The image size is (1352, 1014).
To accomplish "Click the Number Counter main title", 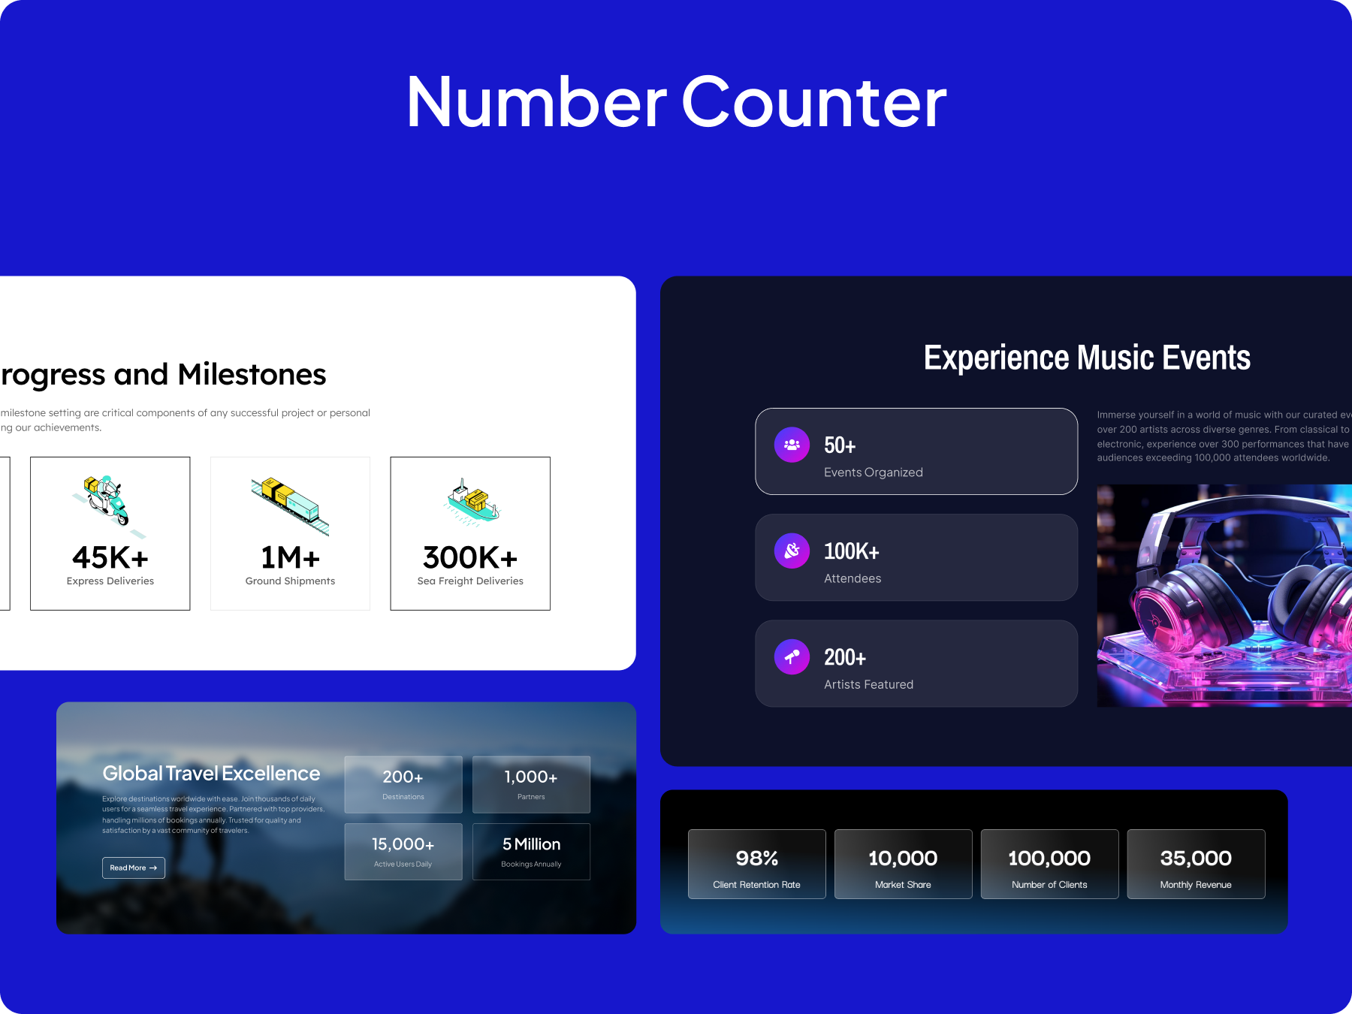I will [x=676, y=102].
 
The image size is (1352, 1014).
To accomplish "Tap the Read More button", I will [x=133, y=868].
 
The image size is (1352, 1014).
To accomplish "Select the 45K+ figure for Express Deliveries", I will [x=110, y=557].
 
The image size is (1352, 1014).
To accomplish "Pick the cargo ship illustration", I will [x=472, y=500].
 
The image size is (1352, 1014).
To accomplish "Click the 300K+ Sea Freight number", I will [x=470, y=557].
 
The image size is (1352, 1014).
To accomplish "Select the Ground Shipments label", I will [x=290, y=581].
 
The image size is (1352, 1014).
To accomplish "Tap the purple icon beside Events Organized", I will [x=792, y=445].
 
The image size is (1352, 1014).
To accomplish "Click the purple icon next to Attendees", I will [x=792, y=551].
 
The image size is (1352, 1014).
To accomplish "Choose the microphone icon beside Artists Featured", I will [x=792, y=657].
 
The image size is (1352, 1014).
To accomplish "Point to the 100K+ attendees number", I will [x=851, y=551].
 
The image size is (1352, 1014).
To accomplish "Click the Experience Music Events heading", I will [x=1087, y=358].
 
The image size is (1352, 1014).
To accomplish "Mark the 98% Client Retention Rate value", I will [x=756, y=858].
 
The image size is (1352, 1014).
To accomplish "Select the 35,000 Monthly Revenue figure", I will [x=1196, y=858].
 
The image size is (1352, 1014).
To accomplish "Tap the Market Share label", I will [x=903, y=885].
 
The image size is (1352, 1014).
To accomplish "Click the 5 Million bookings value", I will [x=531, y=844].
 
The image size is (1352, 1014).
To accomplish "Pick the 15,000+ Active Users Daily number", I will [x=403, y=844].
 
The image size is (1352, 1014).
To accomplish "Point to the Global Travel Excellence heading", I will [x=211, y=773].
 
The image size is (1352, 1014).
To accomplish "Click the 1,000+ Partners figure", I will [x=531, y=777].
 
